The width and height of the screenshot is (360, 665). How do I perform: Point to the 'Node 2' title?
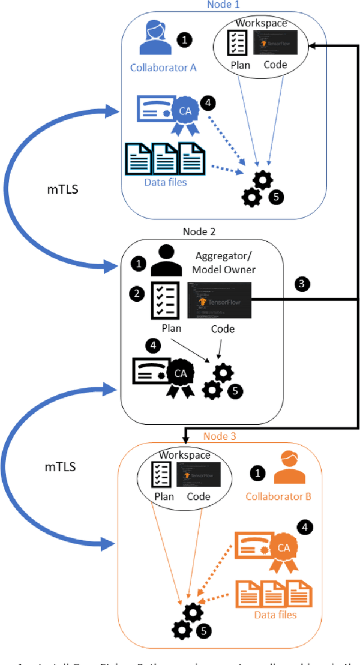(199, 231)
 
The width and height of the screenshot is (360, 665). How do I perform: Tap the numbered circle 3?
(301, 284)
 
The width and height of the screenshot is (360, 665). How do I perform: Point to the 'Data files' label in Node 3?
(275, 614)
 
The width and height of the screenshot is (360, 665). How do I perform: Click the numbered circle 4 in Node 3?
(305, 527)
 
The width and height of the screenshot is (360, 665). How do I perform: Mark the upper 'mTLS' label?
(62, 189)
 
